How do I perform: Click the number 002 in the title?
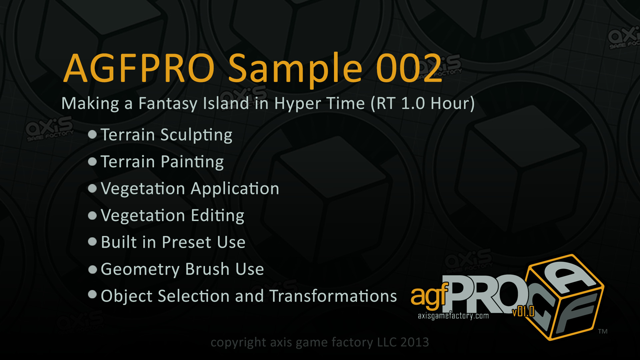409,68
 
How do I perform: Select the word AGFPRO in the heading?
139,68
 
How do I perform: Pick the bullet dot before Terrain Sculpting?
92,134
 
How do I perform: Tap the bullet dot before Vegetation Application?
92,188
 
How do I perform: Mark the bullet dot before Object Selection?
92,294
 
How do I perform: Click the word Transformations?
333,296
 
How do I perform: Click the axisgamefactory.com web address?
453,316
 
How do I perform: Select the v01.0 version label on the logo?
523,311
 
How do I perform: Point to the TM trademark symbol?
603,331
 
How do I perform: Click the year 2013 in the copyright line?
415,342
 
